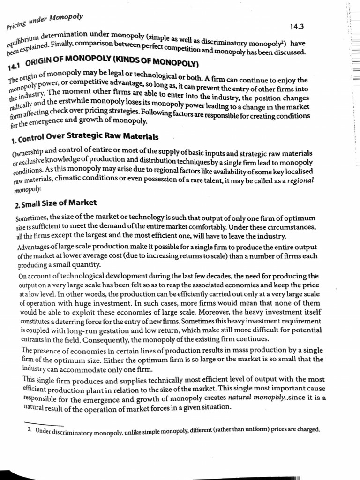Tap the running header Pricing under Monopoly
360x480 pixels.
45,22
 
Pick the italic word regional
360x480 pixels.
300,180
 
